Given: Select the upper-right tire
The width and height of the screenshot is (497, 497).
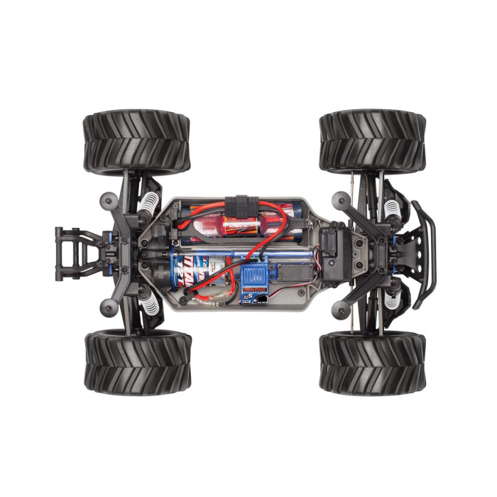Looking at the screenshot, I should tap(372, 141).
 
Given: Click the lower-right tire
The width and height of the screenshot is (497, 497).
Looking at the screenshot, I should tap(372, 362).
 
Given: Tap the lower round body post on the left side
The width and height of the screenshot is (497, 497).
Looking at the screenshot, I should tap(108, 307).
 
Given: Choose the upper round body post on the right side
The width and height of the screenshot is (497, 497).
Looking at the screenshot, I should tap(341, 200).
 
